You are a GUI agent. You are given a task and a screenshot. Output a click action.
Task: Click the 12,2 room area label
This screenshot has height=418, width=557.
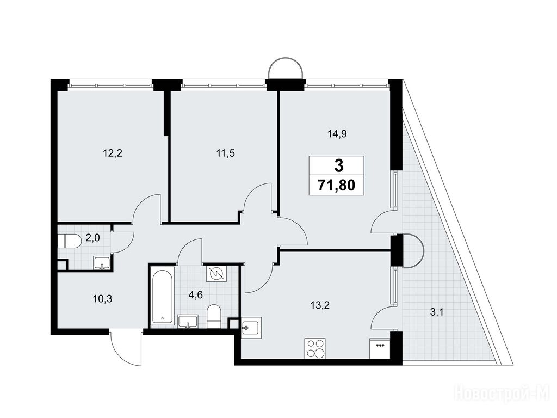113,153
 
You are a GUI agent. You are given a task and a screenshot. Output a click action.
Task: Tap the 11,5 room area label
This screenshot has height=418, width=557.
226,153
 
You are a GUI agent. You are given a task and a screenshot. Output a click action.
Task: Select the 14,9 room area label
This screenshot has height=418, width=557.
337,134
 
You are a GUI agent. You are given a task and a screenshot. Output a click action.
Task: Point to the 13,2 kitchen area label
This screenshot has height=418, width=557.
320,305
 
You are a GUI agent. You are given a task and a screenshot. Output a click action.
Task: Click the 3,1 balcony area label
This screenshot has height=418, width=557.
437,313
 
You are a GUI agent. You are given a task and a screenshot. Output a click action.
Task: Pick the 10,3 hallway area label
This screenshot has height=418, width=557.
102,299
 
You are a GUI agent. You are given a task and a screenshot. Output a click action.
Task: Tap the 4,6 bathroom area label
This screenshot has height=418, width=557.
196,295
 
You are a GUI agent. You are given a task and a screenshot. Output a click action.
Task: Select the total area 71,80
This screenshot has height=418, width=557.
336,185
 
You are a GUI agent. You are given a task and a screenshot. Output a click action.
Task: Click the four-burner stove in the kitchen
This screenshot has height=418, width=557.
315,349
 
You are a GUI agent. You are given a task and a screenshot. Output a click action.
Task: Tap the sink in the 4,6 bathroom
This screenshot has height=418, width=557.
188,321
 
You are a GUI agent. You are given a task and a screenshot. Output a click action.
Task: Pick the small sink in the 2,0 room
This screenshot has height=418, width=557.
102,263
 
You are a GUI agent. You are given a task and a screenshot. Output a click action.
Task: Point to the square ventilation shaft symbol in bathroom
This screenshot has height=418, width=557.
216,274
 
